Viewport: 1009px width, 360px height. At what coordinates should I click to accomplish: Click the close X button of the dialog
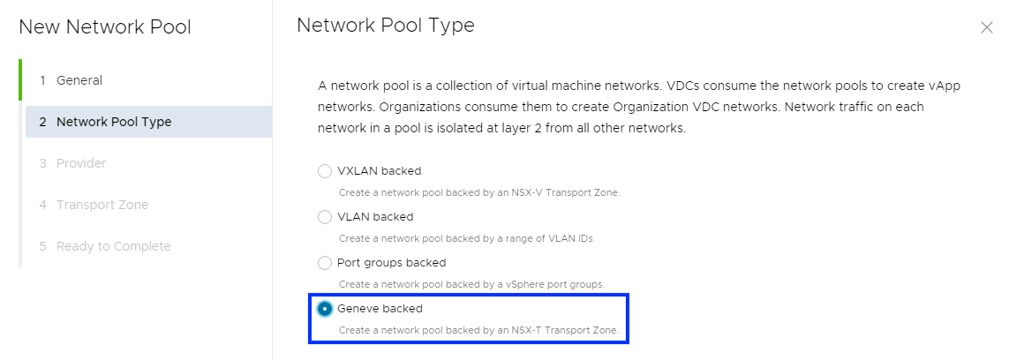pyautogui.click(x=987, y=27)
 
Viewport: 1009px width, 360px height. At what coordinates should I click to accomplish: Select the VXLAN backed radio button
pyautogui.click(x=325, y=170)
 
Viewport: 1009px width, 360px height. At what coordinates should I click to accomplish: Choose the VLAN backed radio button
pyautogui.click(x=325, y=216)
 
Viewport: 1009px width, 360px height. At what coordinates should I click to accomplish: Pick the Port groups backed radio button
pyautogui.click(x=325, y=262)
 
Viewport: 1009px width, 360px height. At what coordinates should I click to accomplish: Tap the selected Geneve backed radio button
pyautogui.click(x=325, y=308)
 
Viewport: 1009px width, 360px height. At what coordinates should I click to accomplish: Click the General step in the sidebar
pyautogui.click(x=79, y=80)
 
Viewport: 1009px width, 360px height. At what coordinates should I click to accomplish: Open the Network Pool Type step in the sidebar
pyautogui.click(x=114, y=122)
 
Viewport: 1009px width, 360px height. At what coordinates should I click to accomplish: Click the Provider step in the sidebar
pyautogui.click(x=81, y=163)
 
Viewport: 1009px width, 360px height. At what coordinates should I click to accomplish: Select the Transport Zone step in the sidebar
pyautogui.click(x=102, y=205)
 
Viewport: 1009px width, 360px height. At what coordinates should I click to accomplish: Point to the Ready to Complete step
pyautogui.click(x=113, y=246)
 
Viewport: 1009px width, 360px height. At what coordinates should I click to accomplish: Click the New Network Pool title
pyautogui.click(x=105, y=27)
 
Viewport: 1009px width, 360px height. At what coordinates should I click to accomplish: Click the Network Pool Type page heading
pyautogui.click(x=386, y=26)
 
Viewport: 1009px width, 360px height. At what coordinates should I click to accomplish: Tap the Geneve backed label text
pyautogui.click(x=380, y=309)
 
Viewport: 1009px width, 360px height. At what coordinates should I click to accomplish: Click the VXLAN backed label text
pyautogui.click(x=379, y=170)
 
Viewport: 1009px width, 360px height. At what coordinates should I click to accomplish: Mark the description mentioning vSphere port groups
pyautogui.click(x=471, y=284)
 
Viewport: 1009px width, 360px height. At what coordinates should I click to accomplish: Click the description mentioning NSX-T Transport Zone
pyautogui.click(x=479, y=331)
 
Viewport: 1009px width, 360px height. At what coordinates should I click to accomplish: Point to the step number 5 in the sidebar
pyautogui.click(x=42, y=246)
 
